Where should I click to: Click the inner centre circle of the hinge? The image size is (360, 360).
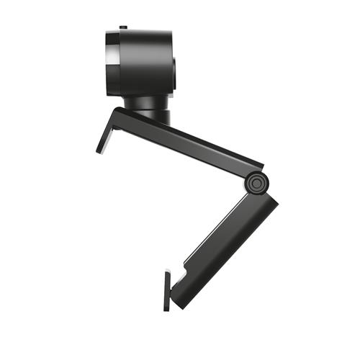tap(255, 183)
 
